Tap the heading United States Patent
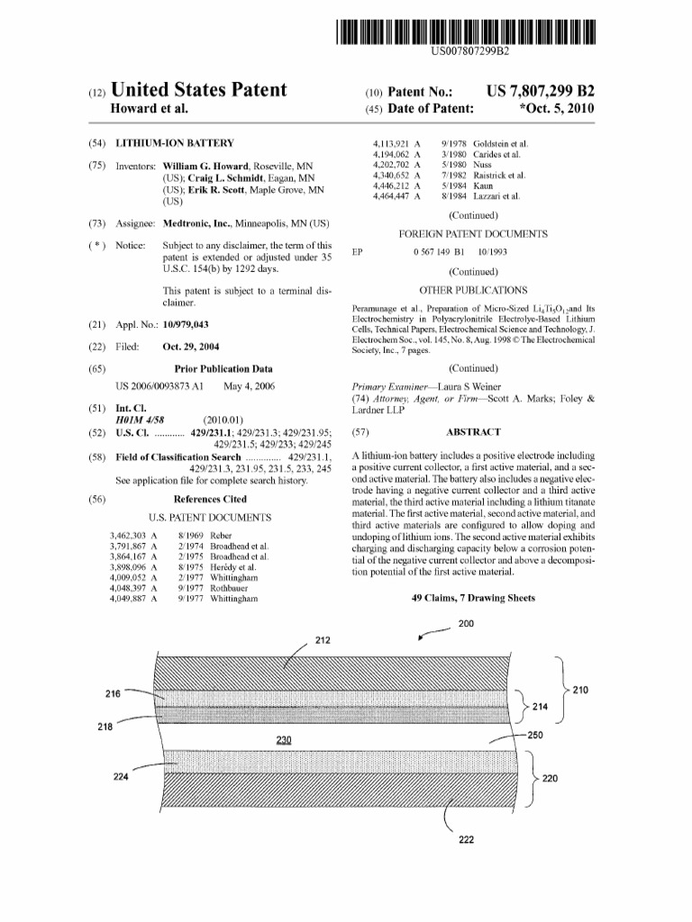pos(197,90)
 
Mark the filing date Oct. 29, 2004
pos(193,347)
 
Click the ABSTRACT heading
pos(474,431)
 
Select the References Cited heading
pos(209,499)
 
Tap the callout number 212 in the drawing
pos(323,640)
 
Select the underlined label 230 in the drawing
pos(286,740)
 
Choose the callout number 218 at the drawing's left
pos(105,726)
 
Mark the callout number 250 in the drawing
pos(535,736)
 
